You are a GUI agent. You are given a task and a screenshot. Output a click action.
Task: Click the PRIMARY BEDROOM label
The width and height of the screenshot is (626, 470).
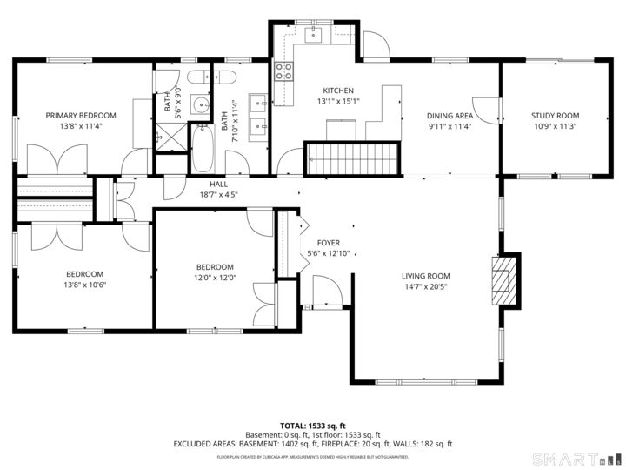[81, 115]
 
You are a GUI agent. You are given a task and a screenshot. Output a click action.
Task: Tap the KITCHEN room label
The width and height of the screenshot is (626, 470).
[338, 91]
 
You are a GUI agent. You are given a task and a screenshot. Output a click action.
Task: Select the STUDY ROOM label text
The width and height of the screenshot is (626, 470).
[555, 116]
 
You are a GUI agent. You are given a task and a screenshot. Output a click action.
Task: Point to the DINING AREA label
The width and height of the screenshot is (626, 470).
[450, 116]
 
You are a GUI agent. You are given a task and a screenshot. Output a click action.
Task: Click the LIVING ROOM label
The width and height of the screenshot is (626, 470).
[425, 277]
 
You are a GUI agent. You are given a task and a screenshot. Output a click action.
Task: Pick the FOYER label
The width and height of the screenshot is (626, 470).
[328, 243]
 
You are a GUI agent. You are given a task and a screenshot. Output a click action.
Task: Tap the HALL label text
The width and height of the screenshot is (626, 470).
[218, 185]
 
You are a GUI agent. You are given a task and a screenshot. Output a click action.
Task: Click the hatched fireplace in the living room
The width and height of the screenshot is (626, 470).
[504, 279]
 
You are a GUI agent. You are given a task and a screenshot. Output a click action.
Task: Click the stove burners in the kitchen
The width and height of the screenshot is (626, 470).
[283, 71]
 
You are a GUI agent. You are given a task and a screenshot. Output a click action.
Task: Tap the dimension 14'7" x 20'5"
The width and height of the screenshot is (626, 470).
[425, 287]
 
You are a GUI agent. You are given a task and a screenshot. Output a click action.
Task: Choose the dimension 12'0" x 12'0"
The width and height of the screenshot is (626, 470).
[214, 278]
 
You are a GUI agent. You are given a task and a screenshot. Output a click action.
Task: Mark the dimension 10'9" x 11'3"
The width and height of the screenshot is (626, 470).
[555, 126]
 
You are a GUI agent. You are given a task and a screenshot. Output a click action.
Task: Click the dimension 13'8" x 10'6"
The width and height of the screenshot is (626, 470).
[84, 285]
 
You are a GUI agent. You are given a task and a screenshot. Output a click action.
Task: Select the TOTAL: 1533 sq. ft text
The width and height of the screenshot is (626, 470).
[312, 426]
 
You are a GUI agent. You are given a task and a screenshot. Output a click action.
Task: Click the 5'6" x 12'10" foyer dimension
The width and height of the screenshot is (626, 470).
[328, 253]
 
